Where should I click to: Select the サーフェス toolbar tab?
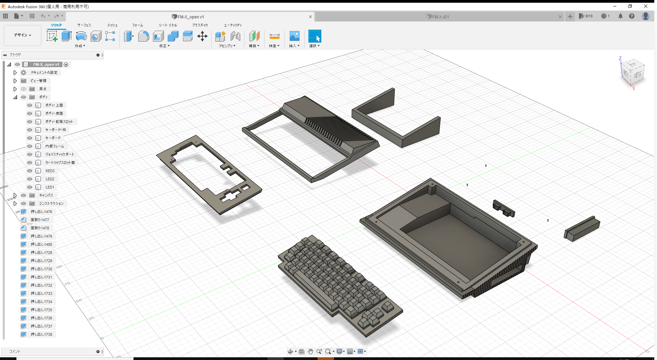coord(84,25)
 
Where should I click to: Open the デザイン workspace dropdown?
coord(22,35)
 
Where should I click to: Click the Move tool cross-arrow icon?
coord(202,36)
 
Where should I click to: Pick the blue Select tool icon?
coord(315,36)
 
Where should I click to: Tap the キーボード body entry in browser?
coord(53,138)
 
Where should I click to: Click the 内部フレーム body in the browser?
coord(55,146)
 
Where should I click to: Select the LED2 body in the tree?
coord(50,179)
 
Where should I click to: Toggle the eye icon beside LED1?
coord(30,187)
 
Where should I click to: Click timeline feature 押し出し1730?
coord(41,269)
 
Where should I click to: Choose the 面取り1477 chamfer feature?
coord(40,220)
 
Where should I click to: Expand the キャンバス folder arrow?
coord(15,195)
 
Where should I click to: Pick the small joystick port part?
coord(504,209)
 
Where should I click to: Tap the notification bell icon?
coord(621,16)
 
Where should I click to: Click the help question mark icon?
coord(632,16)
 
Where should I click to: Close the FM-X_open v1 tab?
coord(310,17)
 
